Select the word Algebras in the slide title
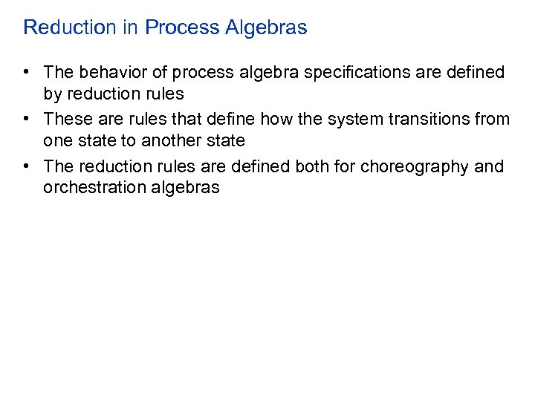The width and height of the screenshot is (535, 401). (272, 28)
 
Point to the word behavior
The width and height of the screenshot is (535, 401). (110, 72)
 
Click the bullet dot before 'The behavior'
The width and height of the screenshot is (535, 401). (27, 72)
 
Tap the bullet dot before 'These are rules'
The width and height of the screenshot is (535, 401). (27, 119)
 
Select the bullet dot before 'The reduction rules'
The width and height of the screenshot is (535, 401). (27, 166)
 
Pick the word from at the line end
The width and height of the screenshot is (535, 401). (493, 119)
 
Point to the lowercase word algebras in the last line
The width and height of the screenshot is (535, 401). (187, 188)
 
